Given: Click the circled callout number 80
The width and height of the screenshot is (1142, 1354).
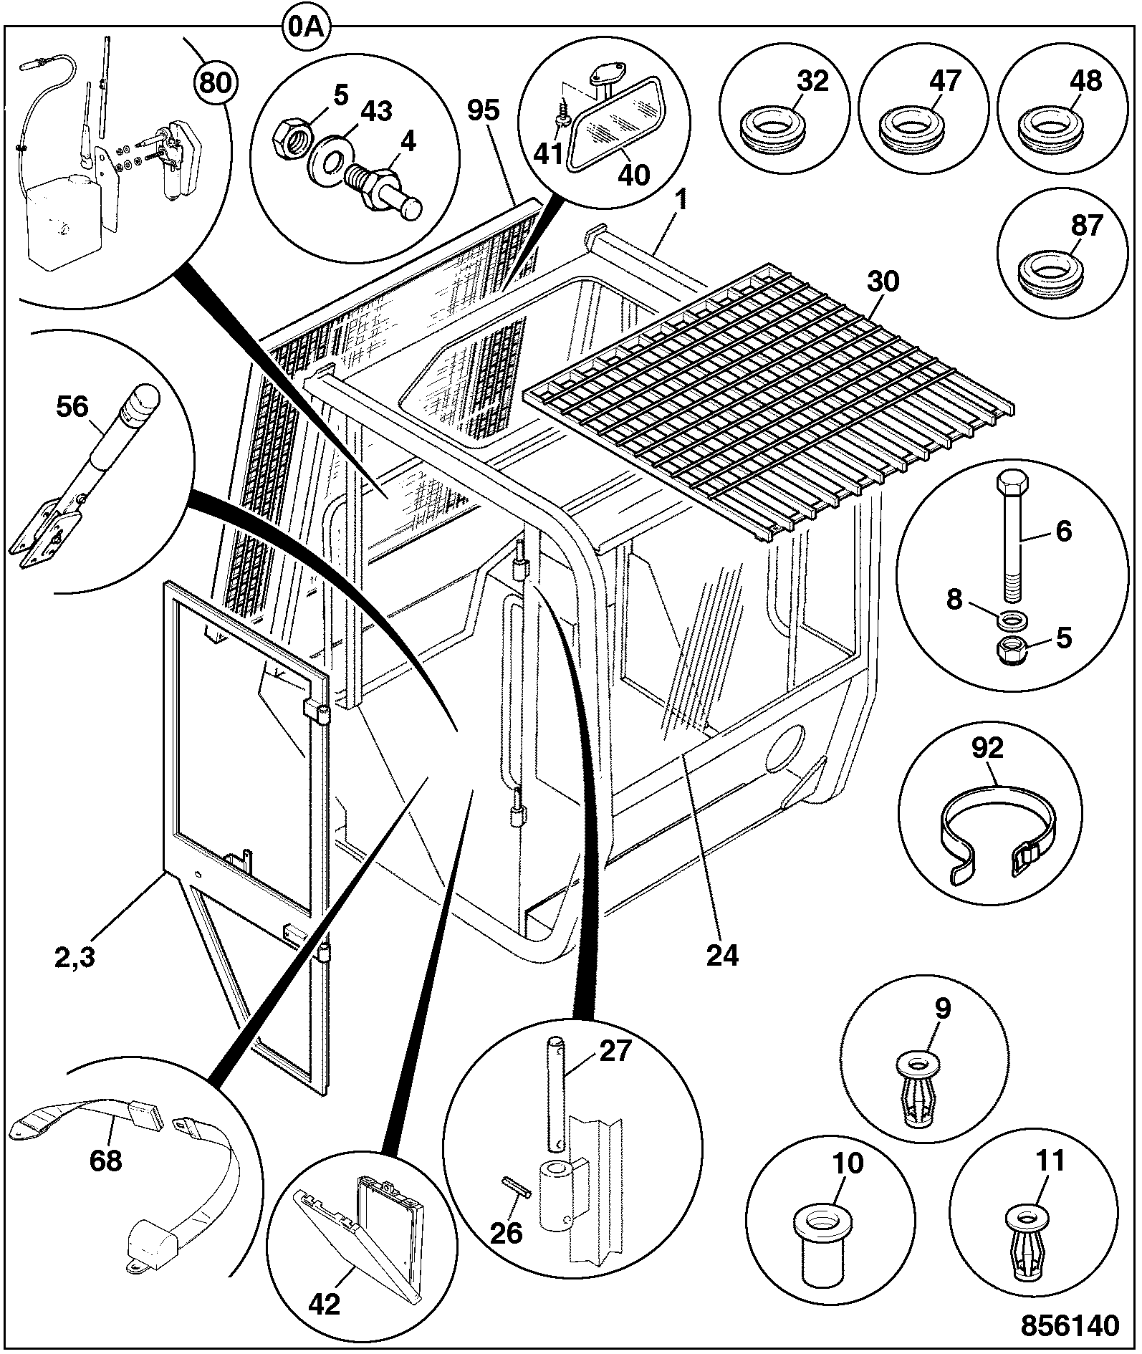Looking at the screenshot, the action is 214,83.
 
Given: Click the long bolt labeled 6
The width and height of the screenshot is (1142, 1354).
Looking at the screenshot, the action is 1014,536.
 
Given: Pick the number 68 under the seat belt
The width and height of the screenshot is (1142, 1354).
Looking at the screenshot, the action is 106,1160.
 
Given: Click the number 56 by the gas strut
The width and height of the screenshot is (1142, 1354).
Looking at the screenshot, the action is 72,408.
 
